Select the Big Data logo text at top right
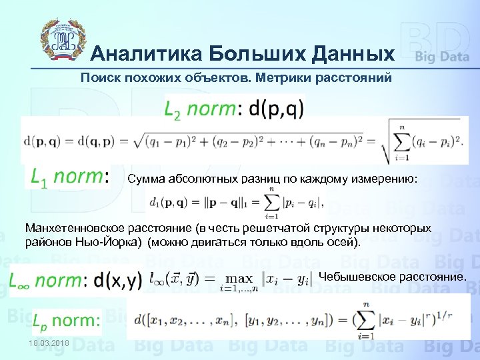[x=442, y=57]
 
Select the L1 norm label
[x=66, y=177]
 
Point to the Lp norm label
[x=67, y=321]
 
